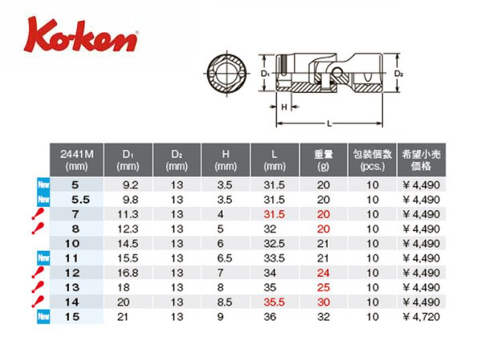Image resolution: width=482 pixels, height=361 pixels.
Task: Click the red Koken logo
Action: pos(81,34)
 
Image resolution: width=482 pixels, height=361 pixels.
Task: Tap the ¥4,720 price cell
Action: pos(421,317)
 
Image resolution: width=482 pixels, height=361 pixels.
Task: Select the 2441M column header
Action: pos(76,160)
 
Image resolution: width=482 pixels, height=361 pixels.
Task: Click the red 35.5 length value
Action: pos(274,302)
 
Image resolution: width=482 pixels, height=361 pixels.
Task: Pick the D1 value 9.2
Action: pos(130,185)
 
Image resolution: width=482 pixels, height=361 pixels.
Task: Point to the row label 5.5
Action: pos(80,200)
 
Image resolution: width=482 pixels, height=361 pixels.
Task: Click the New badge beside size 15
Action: pos(43,316)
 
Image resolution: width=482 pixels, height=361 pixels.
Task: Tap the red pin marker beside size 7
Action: pos(38,213)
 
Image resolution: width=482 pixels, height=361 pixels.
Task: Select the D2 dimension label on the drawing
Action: pos(398,73)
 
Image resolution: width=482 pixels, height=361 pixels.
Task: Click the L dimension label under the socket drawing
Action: pos(329,124)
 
